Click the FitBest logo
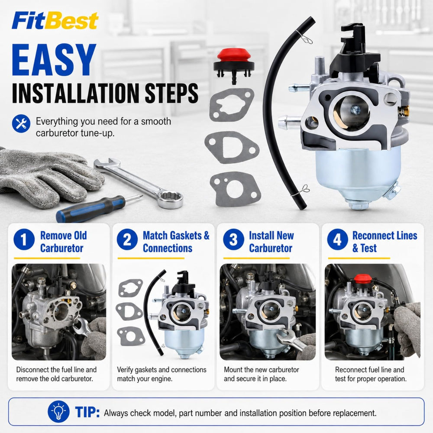coord(55,21)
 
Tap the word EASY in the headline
coord(54,60)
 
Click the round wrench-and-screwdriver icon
coord(21,123)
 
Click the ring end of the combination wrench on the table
coord(170,198)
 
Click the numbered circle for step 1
coord(24,239)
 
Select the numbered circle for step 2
coord(127,239)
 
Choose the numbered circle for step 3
coord(233,239)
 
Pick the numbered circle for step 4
coord(337,239)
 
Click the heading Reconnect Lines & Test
coord(385,242)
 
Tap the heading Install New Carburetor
coord(271,242)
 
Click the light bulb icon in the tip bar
coord(58,411)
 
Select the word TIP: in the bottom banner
coord(87,412)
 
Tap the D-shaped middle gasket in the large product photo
coord(232,147)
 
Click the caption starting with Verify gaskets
coord(162,374)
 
